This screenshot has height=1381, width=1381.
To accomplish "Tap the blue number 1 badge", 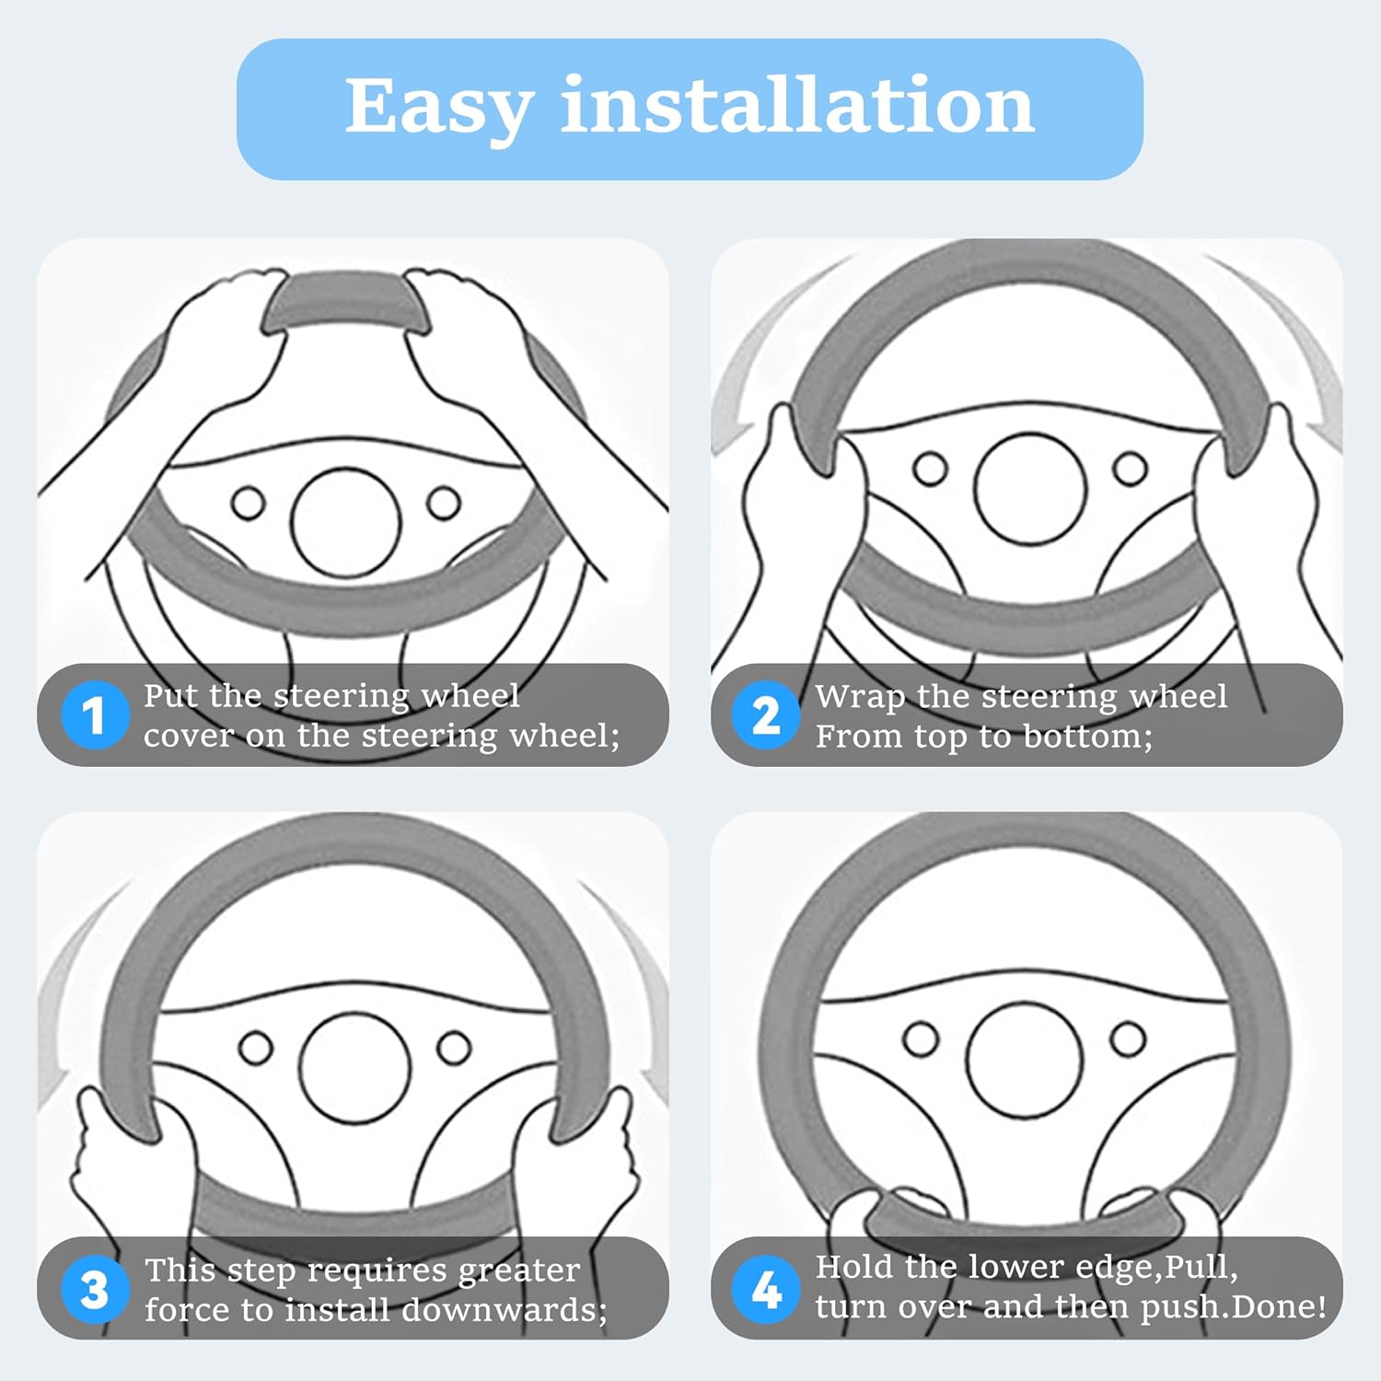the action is pyautogui.click(x=94, y=715).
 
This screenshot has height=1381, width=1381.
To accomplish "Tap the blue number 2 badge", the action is pyautogui.click(x=765, y=715).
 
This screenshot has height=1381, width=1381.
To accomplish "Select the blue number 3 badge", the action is pyautogui.click(x=94, y=1290).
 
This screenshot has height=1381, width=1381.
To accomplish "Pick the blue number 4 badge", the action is pyautogui.click(x=765, y=1290).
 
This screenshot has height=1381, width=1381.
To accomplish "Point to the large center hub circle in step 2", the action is pyautogui.click(x=1030, y=488).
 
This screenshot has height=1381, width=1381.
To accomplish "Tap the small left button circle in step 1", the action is pyautogui.click(x=249, y=504).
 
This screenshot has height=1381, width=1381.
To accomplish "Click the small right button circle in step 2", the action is pyautogui.click(x=1130, y=469).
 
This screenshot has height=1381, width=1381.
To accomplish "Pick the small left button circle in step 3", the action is pyautogui.click(x=256, y=1048).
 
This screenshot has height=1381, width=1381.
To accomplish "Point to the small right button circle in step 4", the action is pyautogui.click(x=1128, y=1039).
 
